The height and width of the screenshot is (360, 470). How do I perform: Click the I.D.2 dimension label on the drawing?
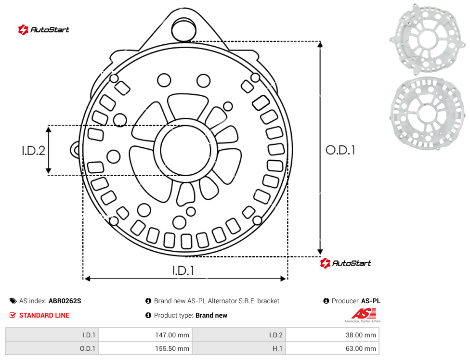click(33, 151)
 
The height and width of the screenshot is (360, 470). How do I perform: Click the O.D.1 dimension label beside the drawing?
click(340, 150)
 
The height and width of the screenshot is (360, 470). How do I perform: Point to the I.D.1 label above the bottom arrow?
click(183, 271)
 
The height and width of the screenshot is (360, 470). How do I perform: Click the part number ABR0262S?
click(65, 301)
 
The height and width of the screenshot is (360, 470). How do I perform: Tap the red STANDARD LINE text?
click(44, 315)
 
